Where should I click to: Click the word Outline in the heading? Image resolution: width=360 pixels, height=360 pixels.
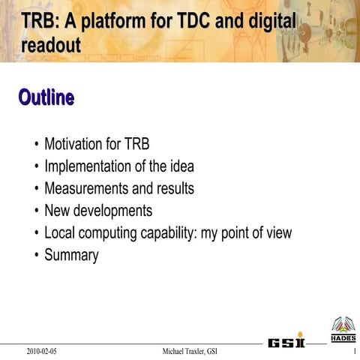click(x=46, y=97)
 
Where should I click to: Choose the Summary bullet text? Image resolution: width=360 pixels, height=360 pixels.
click(x=71, y=255)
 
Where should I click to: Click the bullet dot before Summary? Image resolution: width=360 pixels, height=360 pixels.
click(x=37, y=256)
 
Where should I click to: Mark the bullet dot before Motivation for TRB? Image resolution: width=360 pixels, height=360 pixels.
click(x=37, y=144)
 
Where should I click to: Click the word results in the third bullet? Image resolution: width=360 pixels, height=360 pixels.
click(x=174, y=187)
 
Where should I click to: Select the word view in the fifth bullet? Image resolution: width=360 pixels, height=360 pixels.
click(x=276, y=232)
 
